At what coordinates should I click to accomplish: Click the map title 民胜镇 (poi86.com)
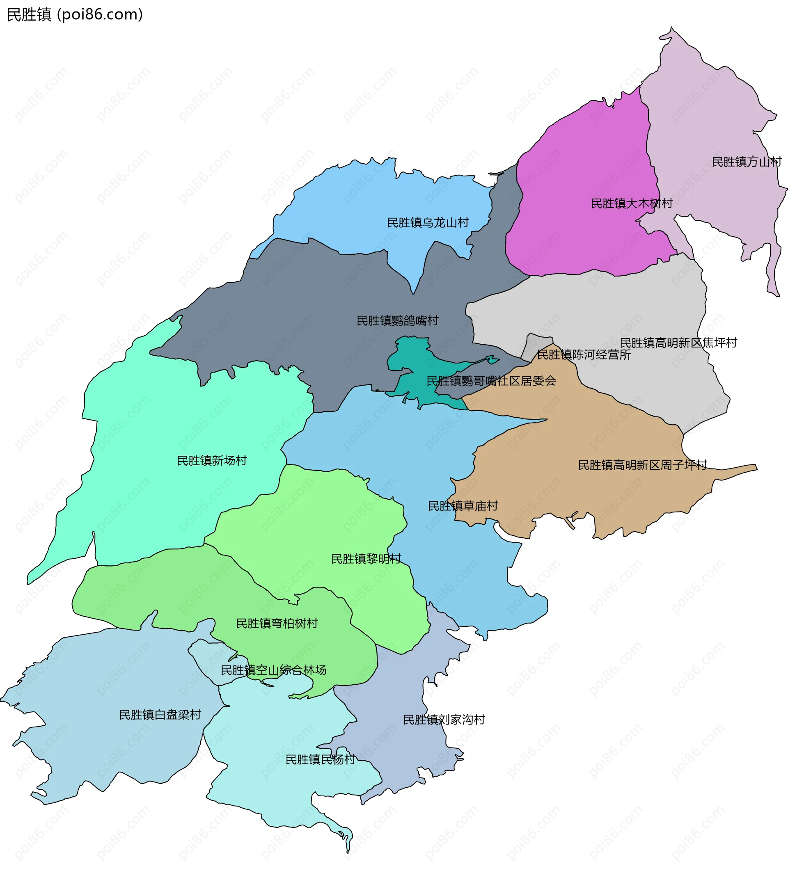[74, 15]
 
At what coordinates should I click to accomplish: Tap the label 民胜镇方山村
[747, 162]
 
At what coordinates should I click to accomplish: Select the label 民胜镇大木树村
[631, 203]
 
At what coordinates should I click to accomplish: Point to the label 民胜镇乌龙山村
[428, 222]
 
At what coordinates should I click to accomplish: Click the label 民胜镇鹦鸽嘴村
[397, 321]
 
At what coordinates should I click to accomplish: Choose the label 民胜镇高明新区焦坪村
[678, 343]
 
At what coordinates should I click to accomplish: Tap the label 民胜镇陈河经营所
[584, 354]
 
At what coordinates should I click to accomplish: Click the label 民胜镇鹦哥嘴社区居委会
[491, 381]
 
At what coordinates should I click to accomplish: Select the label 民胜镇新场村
[212, 461]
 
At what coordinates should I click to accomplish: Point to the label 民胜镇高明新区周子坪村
[643, 465]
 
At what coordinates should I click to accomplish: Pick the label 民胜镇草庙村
[463, 506]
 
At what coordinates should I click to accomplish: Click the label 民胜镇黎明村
[366, 559]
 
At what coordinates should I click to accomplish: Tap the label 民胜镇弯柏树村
[277, 623]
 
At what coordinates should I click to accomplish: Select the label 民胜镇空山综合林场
[273, 670]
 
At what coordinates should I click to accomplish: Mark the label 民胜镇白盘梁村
[160, 715]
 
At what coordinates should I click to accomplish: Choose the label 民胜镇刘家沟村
[444, 720]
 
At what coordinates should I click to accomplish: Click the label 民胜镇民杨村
[320, 759]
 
